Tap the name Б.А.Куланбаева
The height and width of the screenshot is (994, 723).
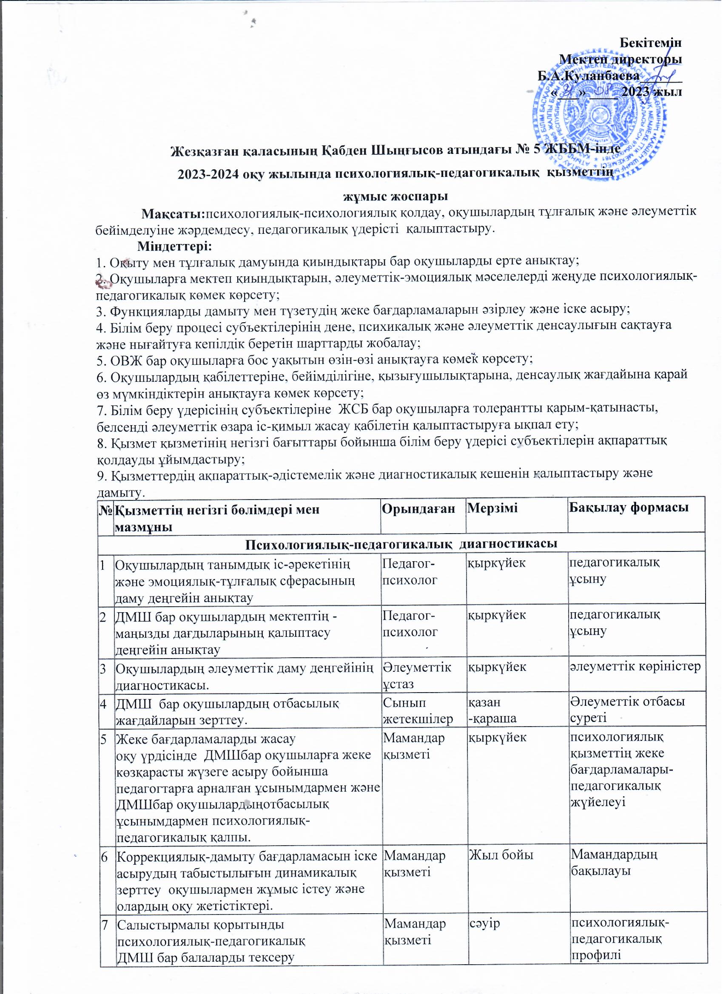[x=589, y=76]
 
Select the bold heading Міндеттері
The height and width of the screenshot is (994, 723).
[x=174, y=246]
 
